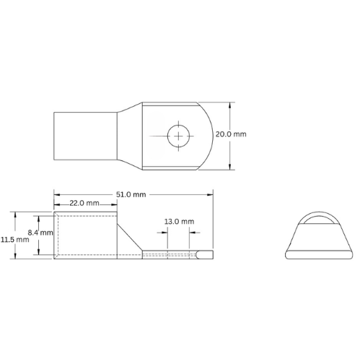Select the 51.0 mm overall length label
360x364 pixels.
132,194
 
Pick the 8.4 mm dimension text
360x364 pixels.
39,233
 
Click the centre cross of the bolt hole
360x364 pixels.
177,134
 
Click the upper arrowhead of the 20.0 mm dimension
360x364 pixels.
230,103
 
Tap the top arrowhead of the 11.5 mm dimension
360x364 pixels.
15,214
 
